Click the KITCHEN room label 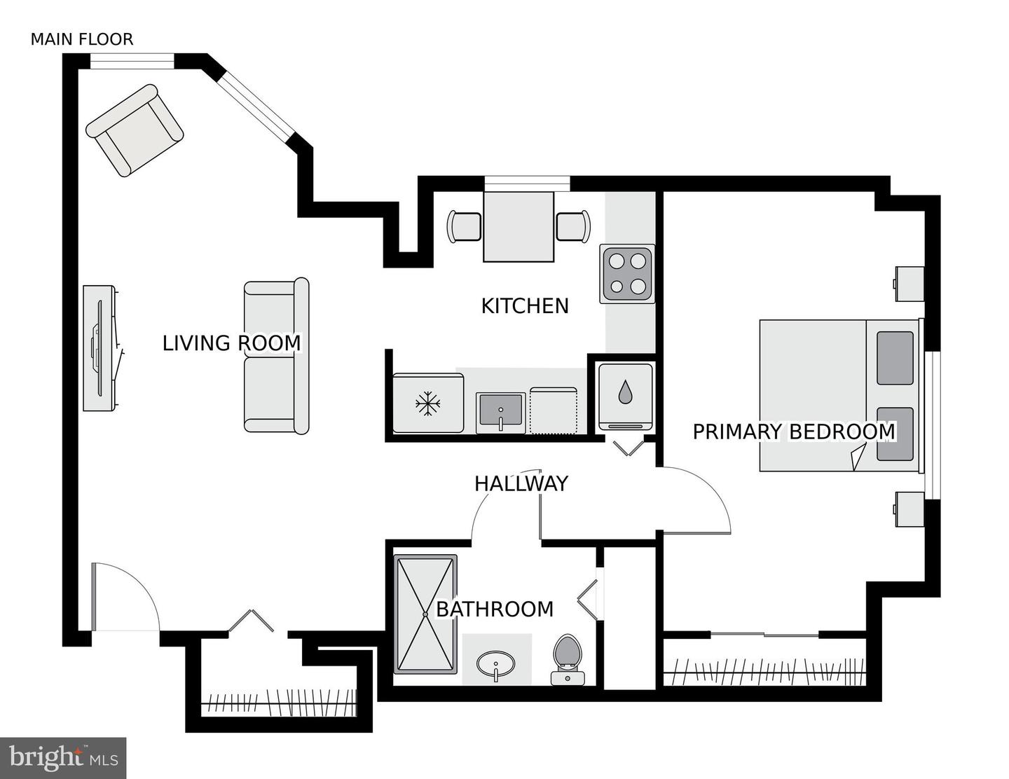[x=525, y=306]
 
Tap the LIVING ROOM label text [x=231, y=343]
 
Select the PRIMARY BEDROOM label [x=794, y=432]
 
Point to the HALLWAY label [x=521, y=484]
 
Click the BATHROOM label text [x=495, y=609]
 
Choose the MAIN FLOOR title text [x=81, y=39]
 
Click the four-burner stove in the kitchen [x=627, y=274]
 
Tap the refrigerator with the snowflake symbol [x=427, y=404]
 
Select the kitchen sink [x=500, y=413]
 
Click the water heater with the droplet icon [x=625, y=395]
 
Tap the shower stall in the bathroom [x=425, y=614]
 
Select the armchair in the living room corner [x=135, y=130]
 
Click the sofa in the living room [x=277, y=356]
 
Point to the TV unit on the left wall [x=99, y=348]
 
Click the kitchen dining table [x=519, y=226]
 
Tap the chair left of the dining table [x=464, y=226]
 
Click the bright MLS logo [x=63, y=758]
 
